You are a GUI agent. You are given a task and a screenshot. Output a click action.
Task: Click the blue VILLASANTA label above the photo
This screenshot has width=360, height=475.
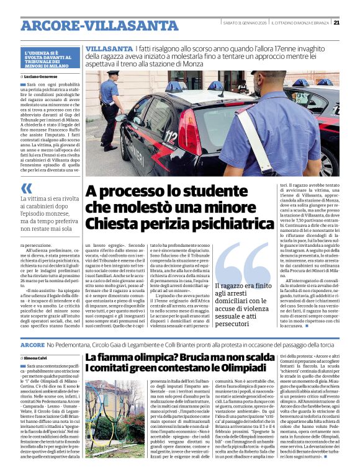pos(109,48)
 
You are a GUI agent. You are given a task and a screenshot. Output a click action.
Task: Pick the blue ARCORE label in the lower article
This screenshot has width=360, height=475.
pos(32,344)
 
